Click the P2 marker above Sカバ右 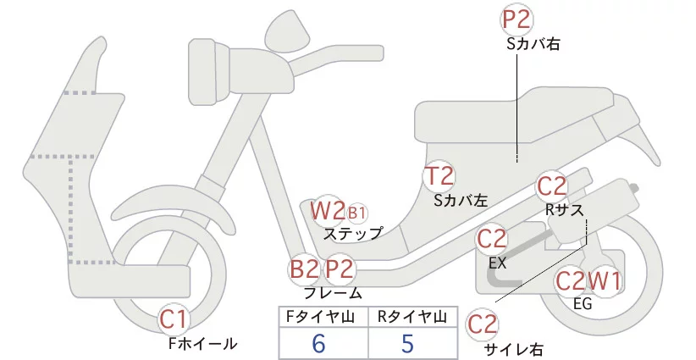pos(518,20)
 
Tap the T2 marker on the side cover pos(439,176)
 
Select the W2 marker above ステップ pos(326,210)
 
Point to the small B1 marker pos(356,212)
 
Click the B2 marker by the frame pos(305,269)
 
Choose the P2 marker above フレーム pos(340,269)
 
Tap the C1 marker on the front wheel pos(174,320)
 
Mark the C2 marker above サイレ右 pos(483,324)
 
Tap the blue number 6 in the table pos(318,343)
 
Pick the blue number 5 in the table pos(407,343)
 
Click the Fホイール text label pos(202,344)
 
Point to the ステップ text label pos(353,232)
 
